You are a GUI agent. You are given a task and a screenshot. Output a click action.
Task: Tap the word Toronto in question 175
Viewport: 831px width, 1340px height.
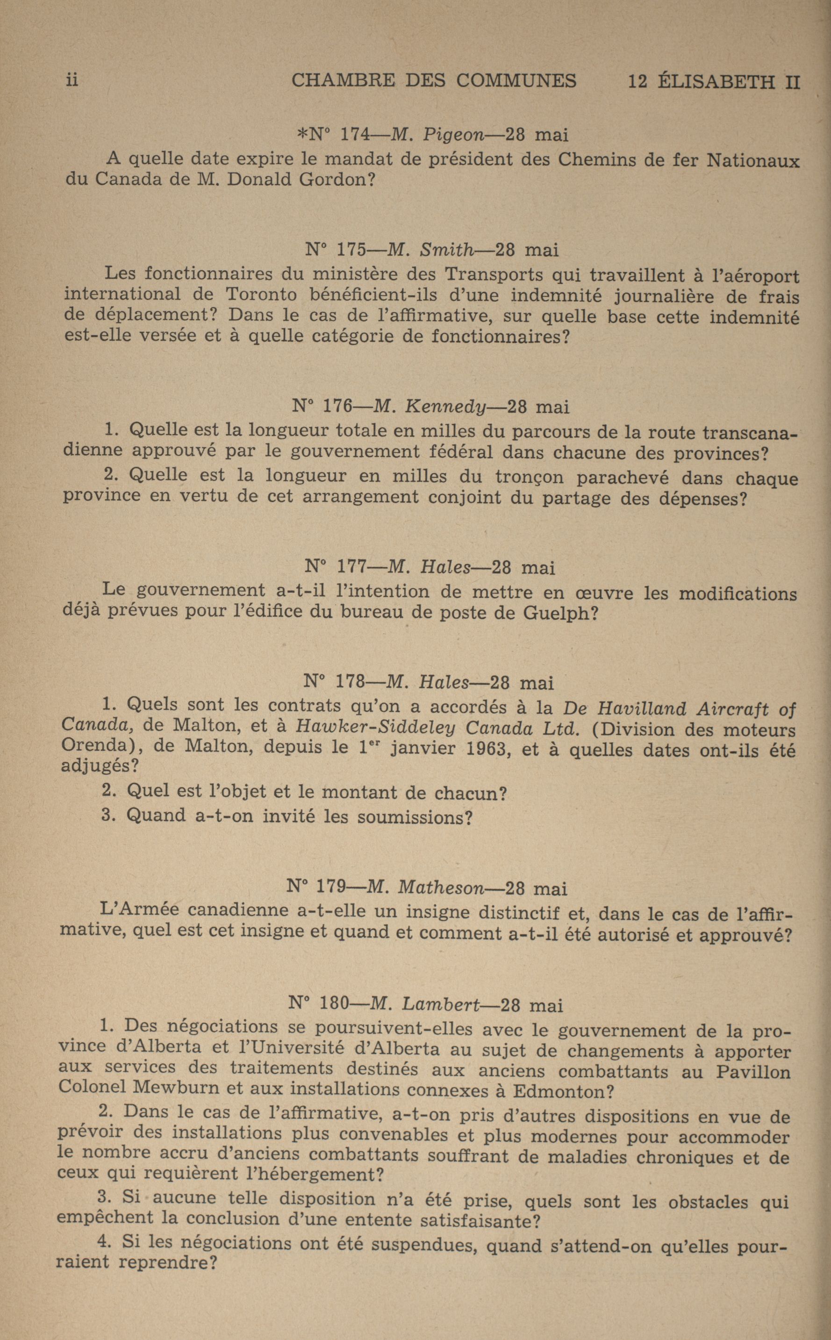tap(261, 294)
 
